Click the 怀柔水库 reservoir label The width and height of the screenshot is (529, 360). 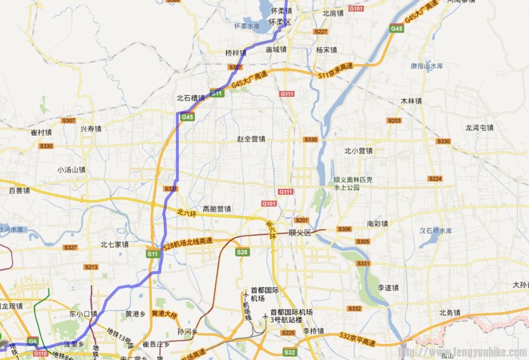pyautogui.click(x=247, y=26)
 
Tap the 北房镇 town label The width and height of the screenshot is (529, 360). pyautogui.click(x=333, y=13)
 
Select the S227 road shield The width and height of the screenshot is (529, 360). pyautogui.click(x=321, y=32)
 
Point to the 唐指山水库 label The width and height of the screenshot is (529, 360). pyautogui.click(x=427, y=66)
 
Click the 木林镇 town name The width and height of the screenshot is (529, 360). pyautogui.click(x=411, y=101)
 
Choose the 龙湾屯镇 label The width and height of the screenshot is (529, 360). pyautogui.click(x=480, y=128)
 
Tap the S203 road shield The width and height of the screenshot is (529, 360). pyautogui.click(x=395, y=121)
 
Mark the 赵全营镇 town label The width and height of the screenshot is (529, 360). pyautogui.click(x=251, y=139)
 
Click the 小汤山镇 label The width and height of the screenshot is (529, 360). pyautogui.click(x=71, y=170)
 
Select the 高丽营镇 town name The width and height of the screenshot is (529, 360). pyautogui.click(x=217, y=209)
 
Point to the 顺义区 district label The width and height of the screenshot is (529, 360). pyautogui.click(x=300, y=233)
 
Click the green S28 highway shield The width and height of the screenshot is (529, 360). pyautogui.click(x=242, y=252)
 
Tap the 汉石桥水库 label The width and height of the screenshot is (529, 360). pyautogui.click(x=436, y=231)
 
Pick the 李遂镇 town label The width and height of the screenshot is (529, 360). pyautogui.click(x=388, y=287)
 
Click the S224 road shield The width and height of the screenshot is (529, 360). pyautogui.click(x=435, y=179)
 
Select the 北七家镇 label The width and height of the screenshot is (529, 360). pyautogui.click(x=114, y=244)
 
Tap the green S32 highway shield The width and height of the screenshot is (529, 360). pyautogui.click(x=290, y=353)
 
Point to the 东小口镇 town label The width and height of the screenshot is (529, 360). pyautogui.click(x=83, y=314)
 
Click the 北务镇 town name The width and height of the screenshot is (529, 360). pyautogui.click(x=450, y=313)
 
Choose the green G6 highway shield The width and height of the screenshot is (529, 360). pyautogui.click(x=33, y=341)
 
